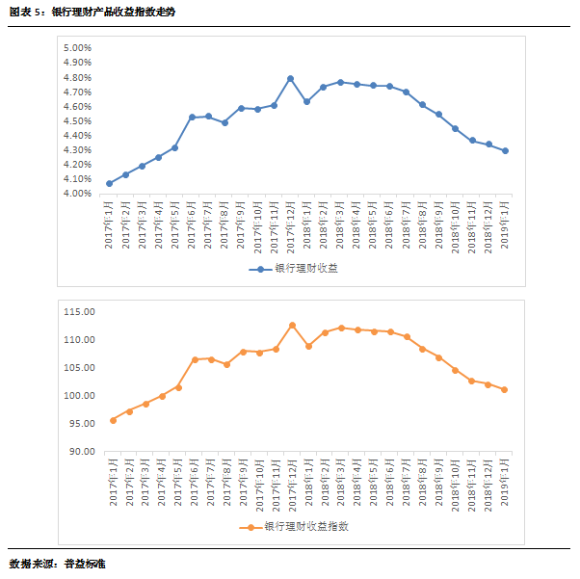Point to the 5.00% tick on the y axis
(77, 48)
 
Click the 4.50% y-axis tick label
(77, 121)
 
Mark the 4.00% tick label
(77, 194)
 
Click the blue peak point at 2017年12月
(290, 79)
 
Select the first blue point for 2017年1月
(110, 183)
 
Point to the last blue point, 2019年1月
(505, 151)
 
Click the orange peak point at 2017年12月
(292, 326)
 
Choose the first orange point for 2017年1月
(113, 420)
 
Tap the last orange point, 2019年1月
(504, 390)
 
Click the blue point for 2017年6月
(192, 118)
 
